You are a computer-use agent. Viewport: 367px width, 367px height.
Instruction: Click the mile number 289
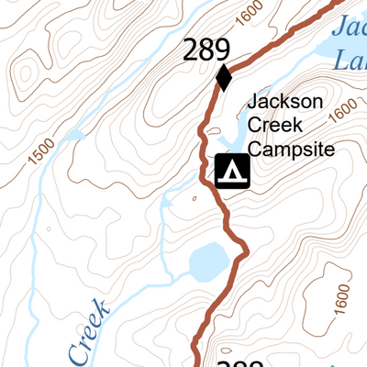pos(206,50)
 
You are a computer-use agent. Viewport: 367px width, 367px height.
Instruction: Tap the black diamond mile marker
pos(223,78)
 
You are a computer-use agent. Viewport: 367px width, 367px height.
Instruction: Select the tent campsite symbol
pos(232,172)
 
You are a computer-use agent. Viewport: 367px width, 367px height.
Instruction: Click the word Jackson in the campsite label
pos(285,102)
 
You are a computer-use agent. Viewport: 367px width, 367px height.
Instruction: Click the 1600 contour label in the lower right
pos(342,296)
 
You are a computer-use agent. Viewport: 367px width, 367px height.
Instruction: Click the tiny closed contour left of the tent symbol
pos(194,197)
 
